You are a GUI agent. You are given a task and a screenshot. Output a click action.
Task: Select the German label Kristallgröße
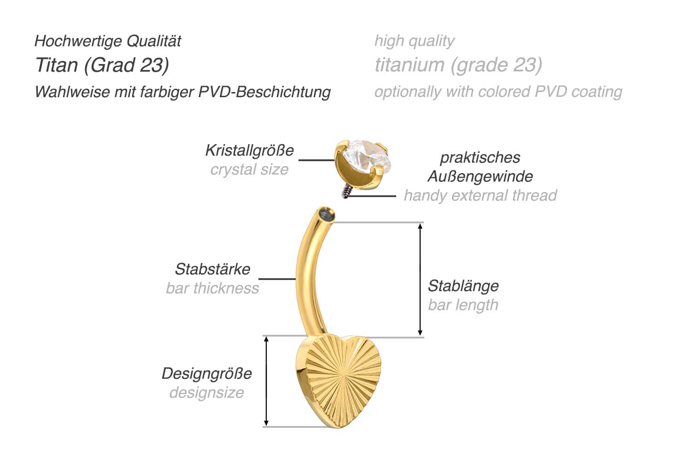(x=249, y=150)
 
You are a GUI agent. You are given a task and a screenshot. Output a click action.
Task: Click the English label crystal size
(x=249, y=169)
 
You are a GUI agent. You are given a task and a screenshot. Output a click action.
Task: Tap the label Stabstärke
(x=212, y=269)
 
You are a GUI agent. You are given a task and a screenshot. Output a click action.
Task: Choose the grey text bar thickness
(x=212, y=288)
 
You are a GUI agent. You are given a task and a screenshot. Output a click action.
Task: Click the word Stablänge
(x=463, y=286)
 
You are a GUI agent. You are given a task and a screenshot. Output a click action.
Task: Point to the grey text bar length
(x=463, y=305)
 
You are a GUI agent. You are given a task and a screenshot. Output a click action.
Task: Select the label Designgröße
(x=206, y=373)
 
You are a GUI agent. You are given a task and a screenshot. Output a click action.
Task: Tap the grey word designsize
(x=206, y=393)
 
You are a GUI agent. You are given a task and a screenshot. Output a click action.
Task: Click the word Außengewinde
(x=480, y=176)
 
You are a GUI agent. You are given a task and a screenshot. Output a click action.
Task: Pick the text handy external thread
(x=480, y=195)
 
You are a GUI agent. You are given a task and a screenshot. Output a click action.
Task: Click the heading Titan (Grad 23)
(x=102, y=65)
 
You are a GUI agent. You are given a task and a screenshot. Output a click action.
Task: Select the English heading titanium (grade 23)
(x=458, y=65)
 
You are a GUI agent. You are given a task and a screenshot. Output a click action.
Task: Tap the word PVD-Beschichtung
(x=264, y=92)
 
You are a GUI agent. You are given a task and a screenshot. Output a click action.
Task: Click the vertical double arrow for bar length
(x=420, y=280)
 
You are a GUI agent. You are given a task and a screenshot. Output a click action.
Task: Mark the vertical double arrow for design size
(x=266, y=381)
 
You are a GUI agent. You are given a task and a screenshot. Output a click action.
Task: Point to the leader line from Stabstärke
(x=277, y=279)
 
